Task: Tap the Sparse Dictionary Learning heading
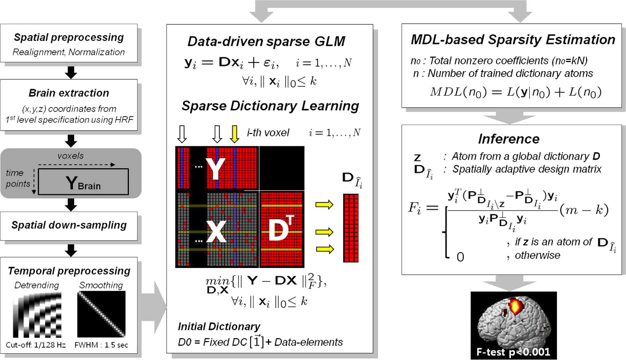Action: [x=270, y=106]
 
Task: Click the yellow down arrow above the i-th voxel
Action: [x=235, y=134]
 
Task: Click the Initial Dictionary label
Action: [x=219, y=326]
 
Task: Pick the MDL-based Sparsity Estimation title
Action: [x=513, y=39]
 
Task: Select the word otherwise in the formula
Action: [x=539, y=255]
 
